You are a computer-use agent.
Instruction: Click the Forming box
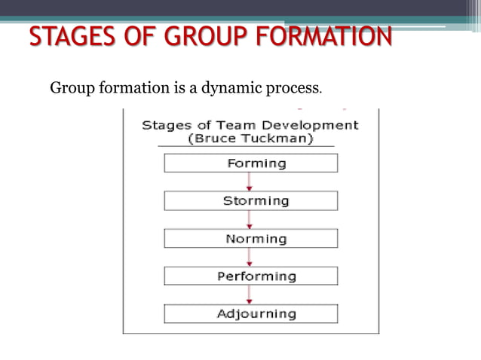251,163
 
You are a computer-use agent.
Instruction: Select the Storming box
251,200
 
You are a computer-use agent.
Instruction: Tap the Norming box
251,239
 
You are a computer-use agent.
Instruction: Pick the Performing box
251,276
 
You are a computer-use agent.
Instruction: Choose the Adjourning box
251,313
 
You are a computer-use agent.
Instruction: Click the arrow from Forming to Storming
250,182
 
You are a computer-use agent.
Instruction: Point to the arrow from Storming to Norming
250,220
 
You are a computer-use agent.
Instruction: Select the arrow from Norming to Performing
250,258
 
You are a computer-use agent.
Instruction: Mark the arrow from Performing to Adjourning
250,294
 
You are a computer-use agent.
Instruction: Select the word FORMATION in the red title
327,38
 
